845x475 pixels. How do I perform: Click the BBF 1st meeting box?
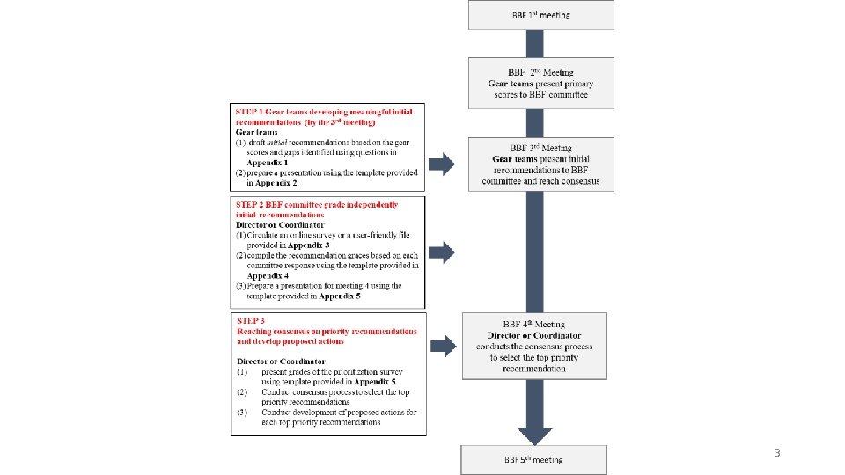[540, 15]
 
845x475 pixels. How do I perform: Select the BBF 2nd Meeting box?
[540, 84]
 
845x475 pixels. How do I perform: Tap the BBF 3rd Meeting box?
[540, 164]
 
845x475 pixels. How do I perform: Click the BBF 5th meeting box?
[534, 459]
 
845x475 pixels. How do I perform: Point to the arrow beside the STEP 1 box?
[441, 164]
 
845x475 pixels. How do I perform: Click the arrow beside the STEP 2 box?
[441, 253]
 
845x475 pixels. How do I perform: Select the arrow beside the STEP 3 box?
[441, 346]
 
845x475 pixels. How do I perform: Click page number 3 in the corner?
[776, 453]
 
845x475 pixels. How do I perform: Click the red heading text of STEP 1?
[323, 116]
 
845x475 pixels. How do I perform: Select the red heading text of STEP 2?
[317, 209]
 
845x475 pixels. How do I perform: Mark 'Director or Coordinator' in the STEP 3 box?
[281, 362]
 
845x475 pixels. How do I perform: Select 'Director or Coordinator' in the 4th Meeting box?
[534, 336]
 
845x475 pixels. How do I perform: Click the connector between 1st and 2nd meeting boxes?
[540, 43]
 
